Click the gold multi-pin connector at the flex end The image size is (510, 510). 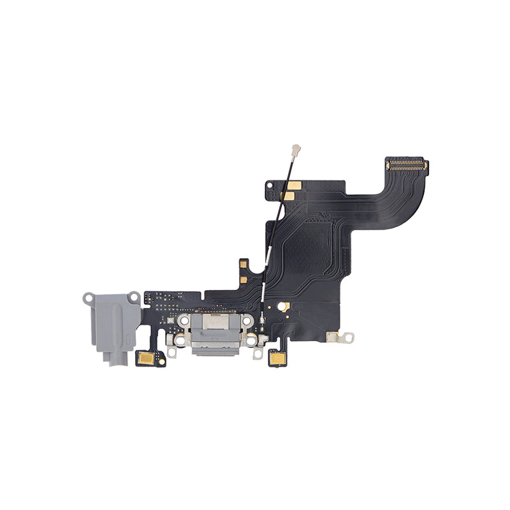click(406, 166)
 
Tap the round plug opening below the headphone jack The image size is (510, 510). click(113, 362)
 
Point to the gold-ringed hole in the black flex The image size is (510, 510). click(285, 307)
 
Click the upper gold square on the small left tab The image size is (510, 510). click(243, 263)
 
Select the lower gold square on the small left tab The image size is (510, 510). click(243, 279)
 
